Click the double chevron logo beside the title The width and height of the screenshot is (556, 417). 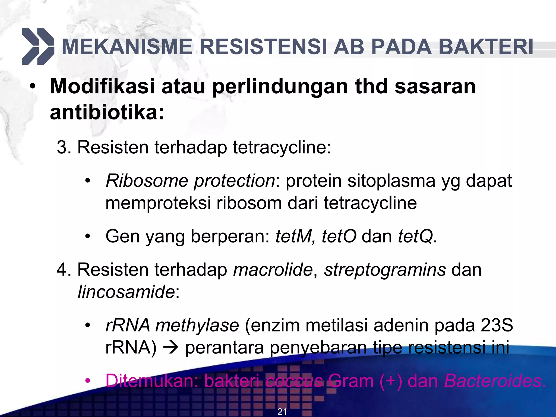[38, 46]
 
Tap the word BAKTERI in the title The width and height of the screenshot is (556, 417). [486, 47]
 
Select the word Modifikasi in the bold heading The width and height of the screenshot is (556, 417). [102, 86]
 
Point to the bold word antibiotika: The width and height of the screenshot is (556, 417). [107, 112]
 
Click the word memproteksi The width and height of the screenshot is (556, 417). [158, 203]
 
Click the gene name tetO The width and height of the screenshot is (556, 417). [339, 236]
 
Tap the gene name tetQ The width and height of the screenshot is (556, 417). [415, 236]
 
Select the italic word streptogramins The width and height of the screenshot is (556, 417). [385, 270]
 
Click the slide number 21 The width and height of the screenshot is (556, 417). [282, 412]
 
